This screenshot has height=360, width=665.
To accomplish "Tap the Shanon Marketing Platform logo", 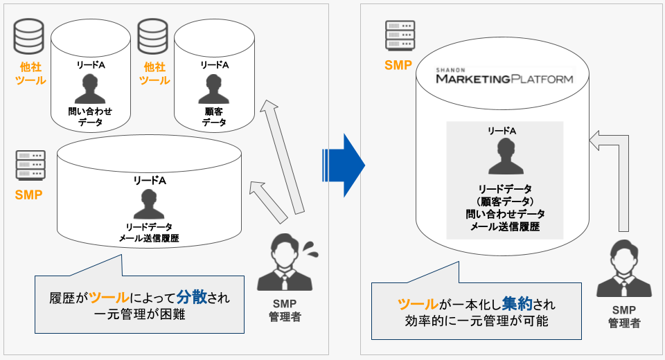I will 504,77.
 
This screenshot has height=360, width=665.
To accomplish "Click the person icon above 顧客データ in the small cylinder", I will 213,89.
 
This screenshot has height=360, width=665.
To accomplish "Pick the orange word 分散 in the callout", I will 191,298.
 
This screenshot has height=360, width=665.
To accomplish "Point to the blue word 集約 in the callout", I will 518,303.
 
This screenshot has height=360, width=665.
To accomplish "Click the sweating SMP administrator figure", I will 285,264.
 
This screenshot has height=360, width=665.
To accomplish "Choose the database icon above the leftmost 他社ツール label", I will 28,36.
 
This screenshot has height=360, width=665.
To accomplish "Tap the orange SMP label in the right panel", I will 398,66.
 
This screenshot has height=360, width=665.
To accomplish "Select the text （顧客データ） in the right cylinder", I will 505,201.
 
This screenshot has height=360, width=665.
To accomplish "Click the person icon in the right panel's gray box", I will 505,158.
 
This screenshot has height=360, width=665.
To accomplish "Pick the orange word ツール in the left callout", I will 109,298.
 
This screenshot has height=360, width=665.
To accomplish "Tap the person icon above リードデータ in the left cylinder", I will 149,204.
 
